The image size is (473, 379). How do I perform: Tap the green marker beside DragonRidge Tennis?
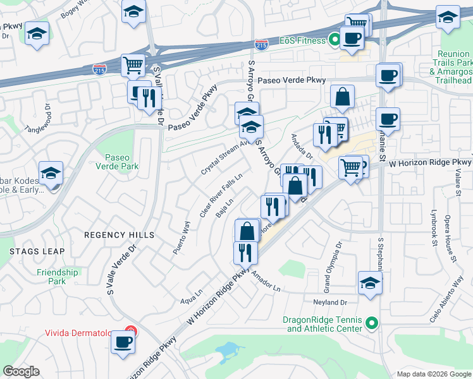372,325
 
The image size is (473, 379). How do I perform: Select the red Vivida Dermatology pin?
130,331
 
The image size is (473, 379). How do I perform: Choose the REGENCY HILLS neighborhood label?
120,235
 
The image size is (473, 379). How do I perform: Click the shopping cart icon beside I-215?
133,64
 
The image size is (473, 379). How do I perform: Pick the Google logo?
21,371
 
